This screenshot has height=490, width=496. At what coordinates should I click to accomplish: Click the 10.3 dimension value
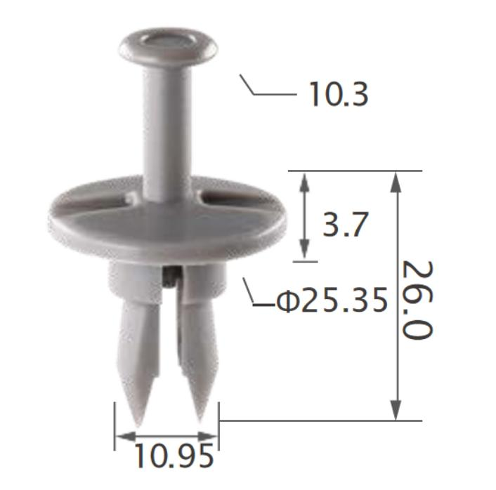point(338,95)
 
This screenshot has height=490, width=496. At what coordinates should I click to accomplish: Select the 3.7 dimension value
point(345,225)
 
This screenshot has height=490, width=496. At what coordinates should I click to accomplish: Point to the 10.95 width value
point(173,457)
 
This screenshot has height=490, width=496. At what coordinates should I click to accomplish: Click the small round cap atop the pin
point(167,44)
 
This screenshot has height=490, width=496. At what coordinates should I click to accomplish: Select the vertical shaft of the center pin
point(167,126)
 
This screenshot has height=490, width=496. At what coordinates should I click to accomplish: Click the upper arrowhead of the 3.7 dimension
point(304,180)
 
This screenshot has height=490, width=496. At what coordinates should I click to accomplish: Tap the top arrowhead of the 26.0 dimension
point(396,180)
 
